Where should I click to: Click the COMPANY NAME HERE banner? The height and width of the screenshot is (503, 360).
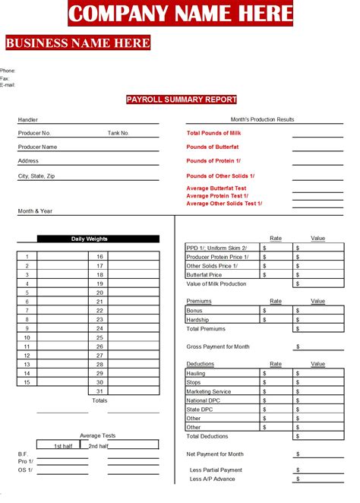(x=180, y=13)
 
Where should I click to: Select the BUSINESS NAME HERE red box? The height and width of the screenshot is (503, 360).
(x=77, y=43)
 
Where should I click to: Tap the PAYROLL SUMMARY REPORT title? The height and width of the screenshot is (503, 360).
(x=182, y=100)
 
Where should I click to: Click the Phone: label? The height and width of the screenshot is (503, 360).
(x=8, y=71)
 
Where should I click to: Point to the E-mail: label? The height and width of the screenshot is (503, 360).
(x=8, y=84)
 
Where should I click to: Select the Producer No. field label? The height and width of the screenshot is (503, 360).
(x=33, y=133)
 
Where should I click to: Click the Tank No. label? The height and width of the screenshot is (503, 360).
(x=118, y=133)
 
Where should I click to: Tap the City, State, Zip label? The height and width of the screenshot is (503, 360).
(x=36, y=176)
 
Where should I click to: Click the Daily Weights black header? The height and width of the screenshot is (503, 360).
(x=90, y=239)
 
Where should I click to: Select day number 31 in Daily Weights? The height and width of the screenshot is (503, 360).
(x=99, y=391)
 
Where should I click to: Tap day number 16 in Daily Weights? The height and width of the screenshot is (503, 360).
(x=99, y=257)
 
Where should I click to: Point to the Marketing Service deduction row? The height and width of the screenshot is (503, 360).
(x=209, y=391)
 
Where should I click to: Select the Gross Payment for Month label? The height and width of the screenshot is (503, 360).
(x=218, y=346)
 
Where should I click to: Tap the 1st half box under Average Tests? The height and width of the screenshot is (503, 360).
(x=58, y=445)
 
